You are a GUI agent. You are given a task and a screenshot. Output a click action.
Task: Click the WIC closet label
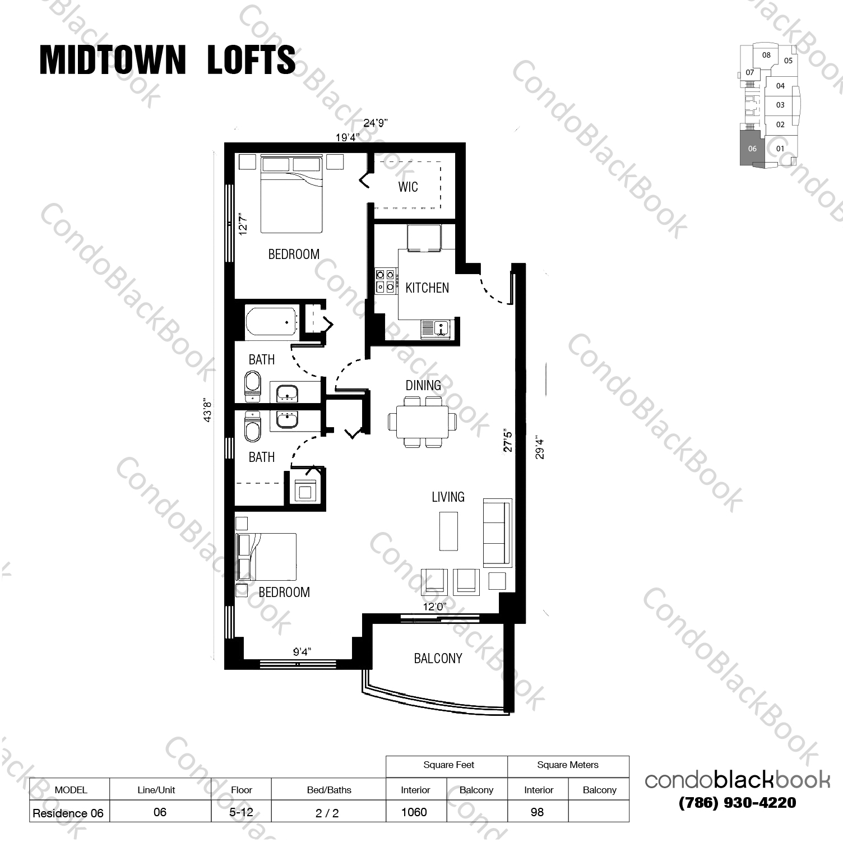pos(407,187)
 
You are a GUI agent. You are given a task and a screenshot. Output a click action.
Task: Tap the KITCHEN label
pos(427,288)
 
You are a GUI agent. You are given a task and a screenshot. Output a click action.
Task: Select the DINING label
pos(423,385)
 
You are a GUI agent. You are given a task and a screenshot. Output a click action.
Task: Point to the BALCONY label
pos(438,658)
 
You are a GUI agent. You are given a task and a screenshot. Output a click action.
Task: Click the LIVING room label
pos(448,497)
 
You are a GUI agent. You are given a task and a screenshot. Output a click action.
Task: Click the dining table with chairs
pos(422,422)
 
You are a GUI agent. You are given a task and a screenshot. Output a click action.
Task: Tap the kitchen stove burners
pos(385,281)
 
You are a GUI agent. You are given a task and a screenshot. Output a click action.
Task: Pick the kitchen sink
pos(436,329)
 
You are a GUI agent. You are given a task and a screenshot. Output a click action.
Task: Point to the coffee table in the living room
pos(448,530)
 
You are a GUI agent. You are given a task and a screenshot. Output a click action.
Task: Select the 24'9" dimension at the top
pos(376,123)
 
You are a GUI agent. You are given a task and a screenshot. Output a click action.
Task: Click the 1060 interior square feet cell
pos(414,812)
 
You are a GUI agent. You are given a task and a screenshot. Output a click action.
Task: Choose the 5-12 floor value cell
pos(242,812)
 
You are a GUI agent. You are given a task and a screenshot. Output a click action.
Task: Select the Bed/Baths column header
pos(329,790)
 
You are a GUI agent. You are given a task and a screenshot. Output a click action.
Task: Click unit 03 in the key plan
pos(780,105)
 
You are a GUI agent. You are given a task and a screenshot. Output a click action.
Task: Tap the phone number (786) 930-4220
pos(737,803)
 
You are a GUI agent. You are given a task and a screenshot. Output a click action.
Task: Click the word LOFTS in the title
pos(251,60)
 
